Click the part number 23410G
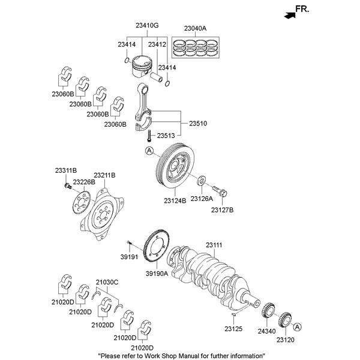[147, 26]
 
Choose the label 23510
[198, 123]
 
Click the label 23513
[166, 136]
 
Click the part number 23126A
[202, 198]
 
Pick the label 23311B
[66, 171]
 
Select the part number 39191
[128, 257]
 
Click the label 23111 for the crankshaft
[214, 245]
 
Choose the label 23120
[286, 339]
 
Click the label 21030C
[107, 282]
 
